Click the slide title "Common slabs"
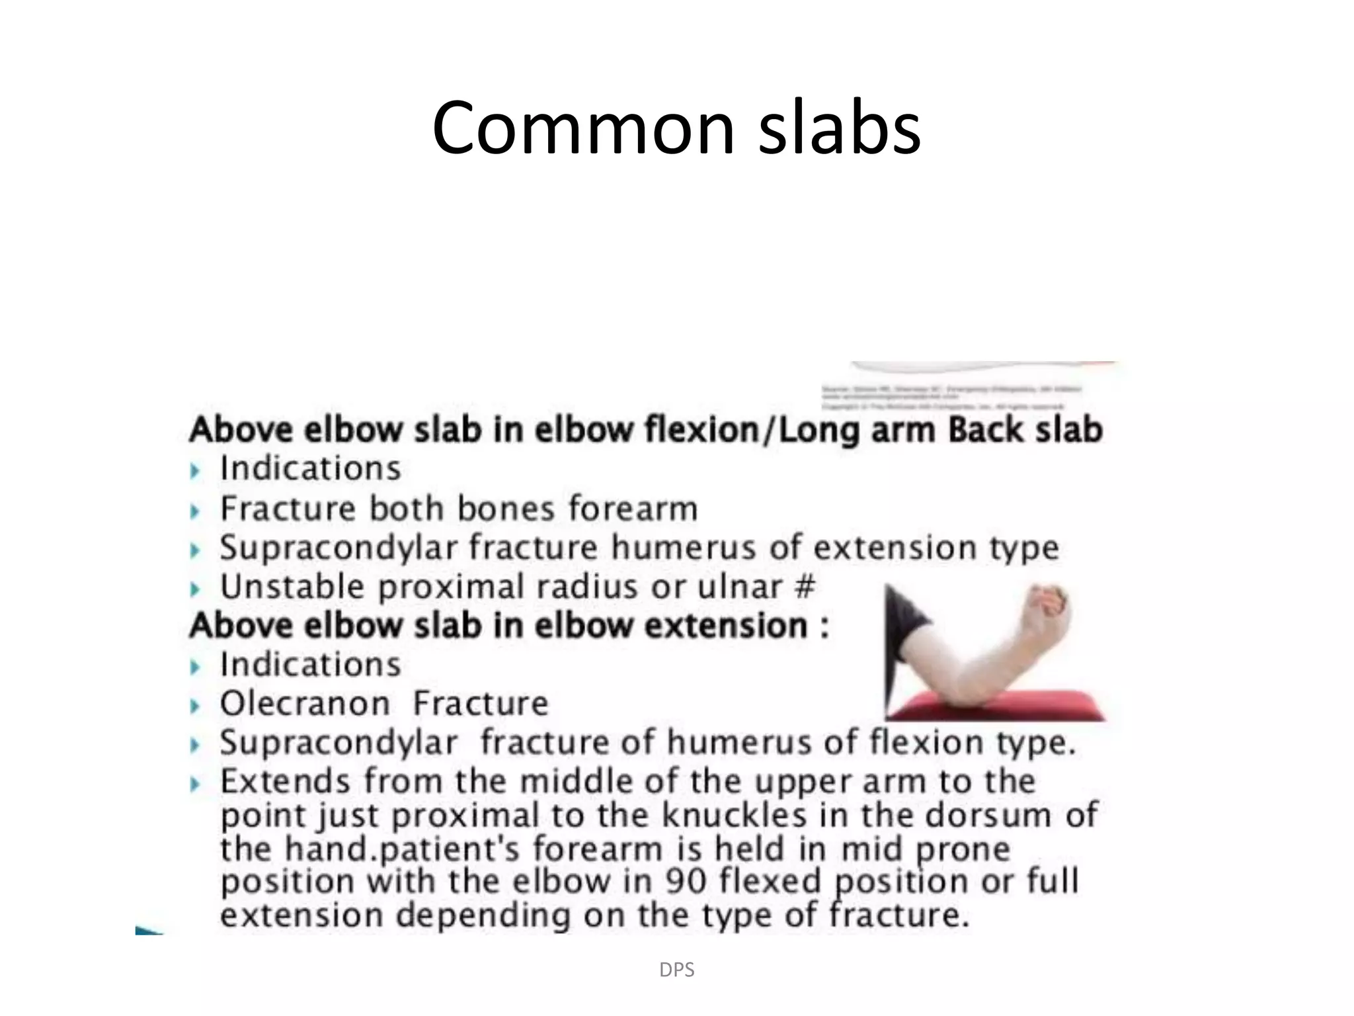tap(676, 127)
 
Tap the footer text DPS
tap(676, 970)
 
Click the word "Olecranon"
tap(305, 703)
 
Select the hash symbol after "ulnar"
tap(805, 586)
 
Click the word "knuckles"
tap(734, 815)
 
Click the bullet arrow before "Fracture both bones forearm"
tap(194, 511)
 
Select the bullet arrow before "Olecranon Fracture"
tap(194, 706)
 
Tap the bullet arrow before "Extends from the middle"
tap(194, 784)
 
